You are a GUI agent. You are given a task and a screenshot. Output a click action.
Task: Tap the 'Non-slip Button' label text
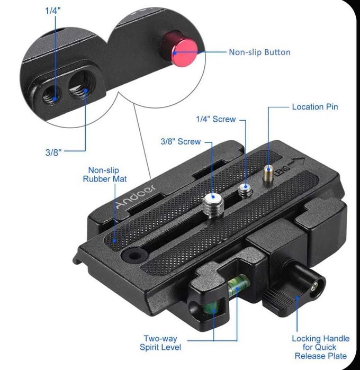(259, 52)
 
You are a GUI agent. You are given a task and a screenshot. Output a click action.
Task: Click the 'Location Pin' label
(315, 107)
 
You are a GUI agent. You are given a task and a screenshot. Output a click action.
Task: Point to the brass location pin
(268, 175)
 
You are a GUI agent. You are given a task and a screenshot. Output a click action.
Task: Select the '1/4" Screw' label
(216, 119)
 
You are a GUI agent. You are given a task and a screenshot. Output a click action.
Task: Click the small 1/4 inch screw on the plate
(245, 191)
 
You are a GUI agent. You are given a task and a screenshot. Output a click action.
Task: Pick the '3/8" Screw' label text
(181, 141)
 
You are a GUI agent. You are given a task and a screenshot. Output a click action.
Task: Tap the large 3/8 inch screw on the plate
(213, 204)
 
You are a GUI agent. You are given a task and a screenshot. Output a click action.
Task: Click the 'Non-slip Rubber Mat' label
(105, 175)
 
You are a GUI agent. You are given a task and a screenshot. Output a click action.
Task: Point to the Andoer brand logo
(136, 196)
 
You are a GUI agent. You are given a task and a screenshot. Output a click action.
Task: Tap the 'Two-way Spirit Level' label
(160, 343)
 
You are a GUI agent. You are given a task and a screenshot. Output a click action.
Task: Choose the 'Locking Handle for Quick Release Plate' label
(321, 347)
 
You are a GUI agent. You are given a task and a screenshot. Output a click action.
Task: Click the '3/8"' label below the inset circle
(53, 152)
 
